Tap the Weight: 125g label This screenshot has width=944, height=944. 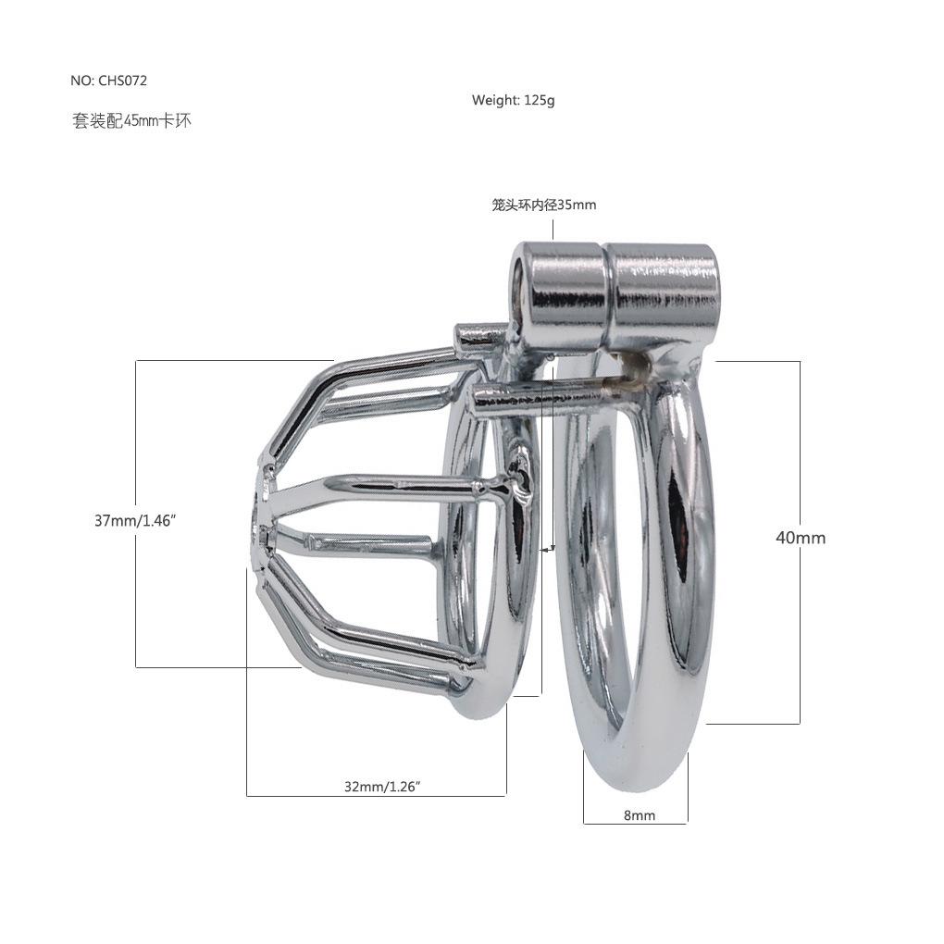coord(513,100)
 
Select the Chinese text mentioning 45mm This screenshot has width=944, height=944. coord(131,121)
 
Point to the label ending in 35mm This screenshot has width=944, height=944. coord(543,205)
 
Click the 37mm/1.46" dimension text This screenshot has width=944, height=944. coord(134,520)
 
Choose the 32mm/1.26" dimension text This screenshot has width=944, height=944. coord(382,787)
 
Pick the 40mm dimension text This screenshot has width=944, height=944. coord(801,538)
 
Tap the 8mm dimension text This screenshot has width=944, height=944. coord(640,815)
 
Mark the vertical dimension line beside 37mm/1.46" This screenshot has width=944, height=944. coord(136,514)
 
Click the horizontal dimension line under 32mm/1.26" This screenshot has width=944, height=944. coord(377,796)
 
